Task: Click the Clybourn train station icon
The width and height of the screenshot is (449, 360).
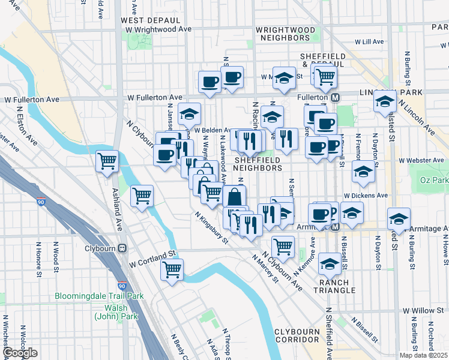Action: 122,248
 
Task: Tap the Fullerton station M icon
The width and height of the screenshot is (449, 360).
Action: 336,97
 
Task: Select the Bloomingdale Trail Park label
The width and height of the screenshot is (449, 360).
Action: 99,296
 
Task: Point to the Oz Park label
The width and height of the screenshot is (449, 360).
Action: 435,180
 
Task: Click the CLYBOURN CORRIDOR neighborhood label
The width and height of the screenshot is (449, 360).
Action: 300,335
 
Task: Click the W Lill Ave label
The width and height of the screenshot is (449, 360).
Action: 369,42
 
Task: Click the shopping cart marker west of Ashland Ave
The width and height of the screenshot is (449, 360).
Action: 107,160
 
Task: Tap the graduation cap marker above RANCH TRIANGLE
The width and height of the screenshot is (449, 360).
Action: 330,262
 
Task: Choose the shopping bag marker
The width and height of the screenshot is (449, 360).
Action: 234,196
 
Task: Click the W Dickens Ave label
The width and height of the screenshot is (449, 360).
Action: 366,196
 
